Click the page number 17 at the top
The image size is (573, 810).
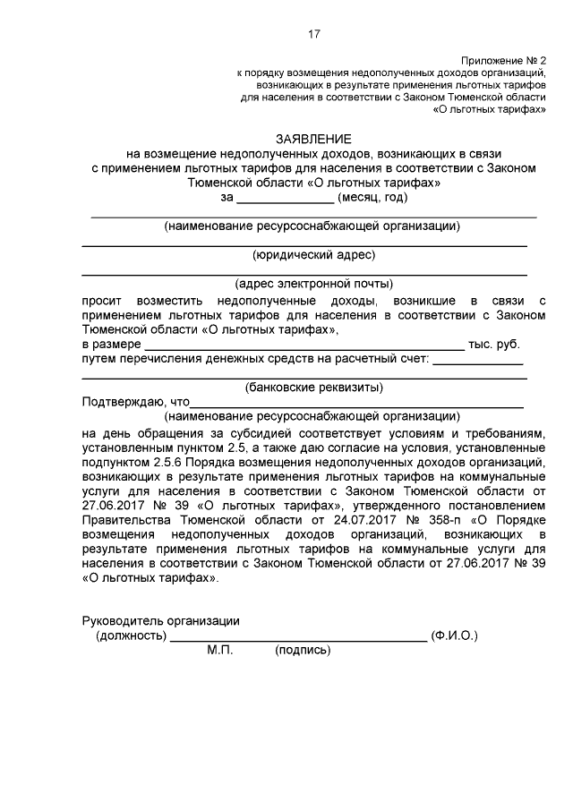[x=313, y=35]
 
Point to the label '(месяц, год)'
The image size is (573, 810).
[x=374, y=196]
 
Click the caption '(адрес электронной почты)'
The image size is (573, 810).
[x=313, y=284]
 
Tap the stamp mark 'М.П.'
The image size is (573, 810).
[x=219, y=651]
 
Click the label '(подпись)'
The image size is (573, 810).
[x=303, y=651]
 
